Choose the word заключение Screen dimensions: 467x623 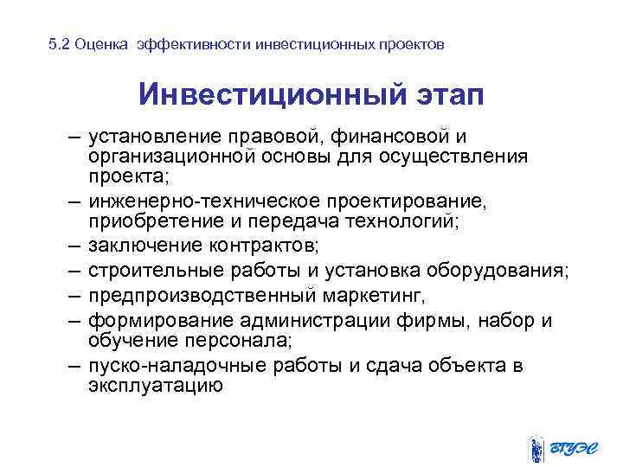[138, 245]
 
